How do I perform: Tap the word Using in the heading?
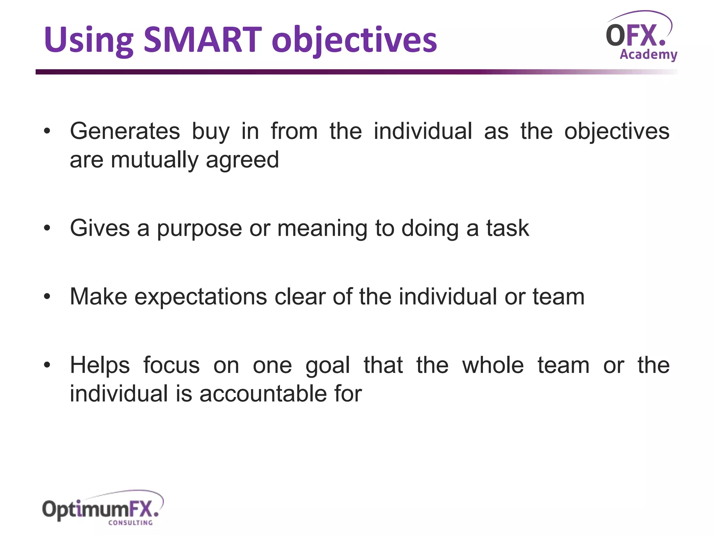[x=89, y=40]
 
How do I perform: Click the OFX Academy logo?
[x=641, y=37]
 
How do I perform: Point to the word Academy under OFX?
[x=648, y=55]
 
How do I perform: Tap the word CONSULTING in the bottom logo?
[x=131, y=522]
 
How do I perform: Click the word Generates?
[x=125, y=131]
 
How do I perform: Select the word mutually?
[x=155, y=160]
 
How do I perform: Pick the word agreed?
[x=242, y=160]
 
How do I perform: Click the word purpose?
[x=199, y=229]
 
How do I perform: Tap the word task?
[x=508, y=228]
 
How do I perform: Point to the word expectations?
[x=201, y=297]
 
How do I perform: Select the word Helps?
[x=100, y=366]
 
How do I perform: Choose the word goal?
[x=328, y=366]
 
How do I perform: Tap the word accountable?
[x=263, y=394]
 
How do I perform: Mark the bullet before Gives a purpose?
[x=47, y=228]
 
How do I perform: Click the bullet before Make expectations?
[x=47, y=297]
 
